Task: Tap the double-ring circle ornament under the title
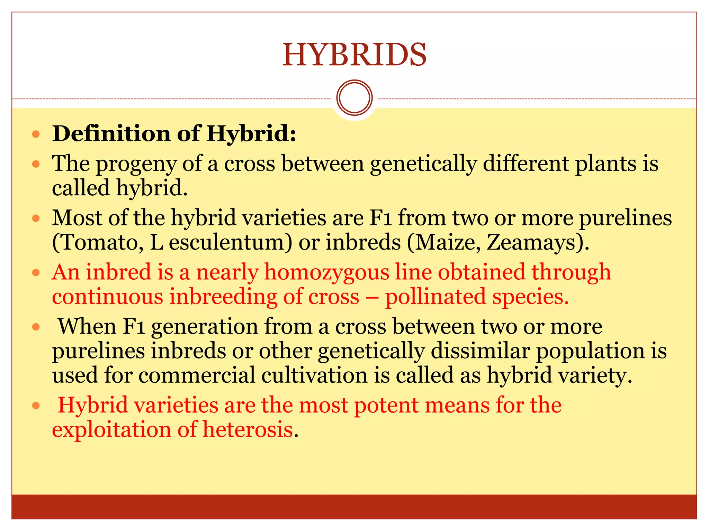click(354, 98)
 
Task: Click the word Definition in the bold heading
click(111, 133)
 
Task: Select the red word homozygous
click(327, 273)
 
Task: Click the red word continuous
click(107, 297)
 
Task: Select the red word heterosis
click(248, 430)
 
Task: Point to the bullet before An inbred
click(36, 273)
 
